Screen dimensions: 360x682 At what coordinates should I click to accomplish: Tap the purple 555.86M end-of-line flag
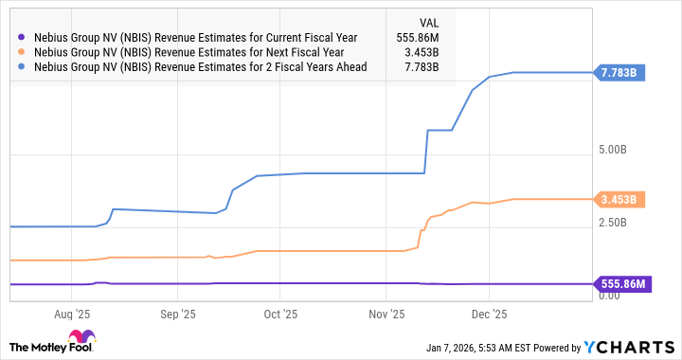point(622,283)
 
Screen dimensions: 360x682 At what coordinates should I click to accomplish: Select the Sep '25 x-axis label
point(177,314)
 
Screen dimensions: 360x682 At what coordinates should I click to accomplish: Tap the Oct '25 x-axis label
point(280,314)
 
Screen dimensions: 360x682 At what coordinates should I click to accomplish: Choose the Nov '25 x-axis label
point(386,314)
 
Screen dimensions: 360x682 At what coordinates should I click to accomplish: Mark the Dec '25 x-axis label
point(489,314)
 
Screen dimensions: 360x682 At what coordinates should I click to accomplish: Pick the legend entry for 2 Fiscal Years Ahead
point(201,67)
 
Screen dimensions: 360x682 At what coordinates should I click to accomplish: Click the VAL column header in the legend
point(429,21)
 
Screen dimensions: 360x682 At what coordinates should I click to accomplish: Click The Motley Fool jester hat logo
point(82,338)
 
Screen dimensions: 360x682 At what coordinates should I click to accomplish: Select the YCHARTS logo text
point(635,346)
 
